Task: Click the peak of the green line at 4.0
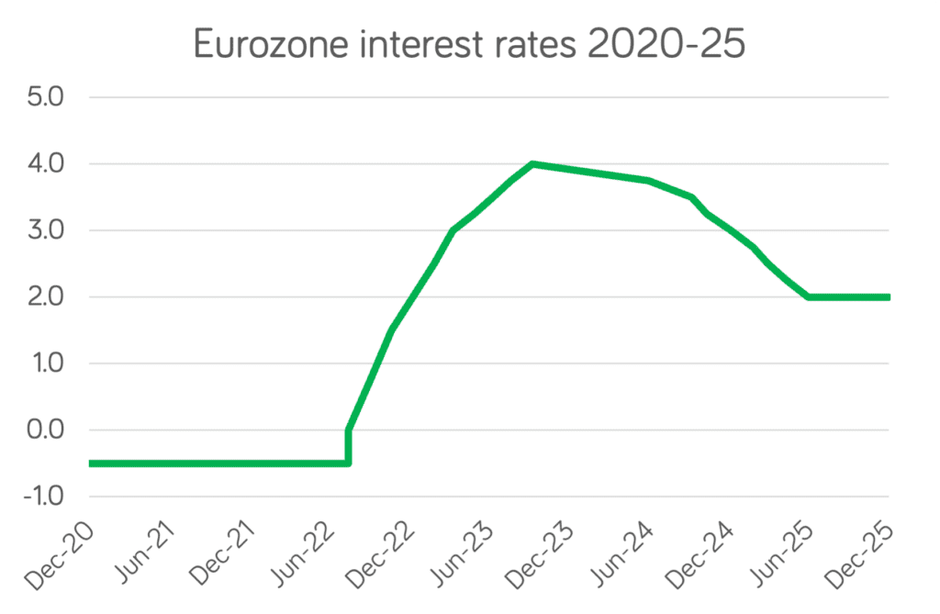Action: point(532,164)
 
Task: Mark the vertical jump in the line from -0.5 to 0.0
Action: point(348,447)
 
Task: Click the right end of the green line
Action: point(888,297)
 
